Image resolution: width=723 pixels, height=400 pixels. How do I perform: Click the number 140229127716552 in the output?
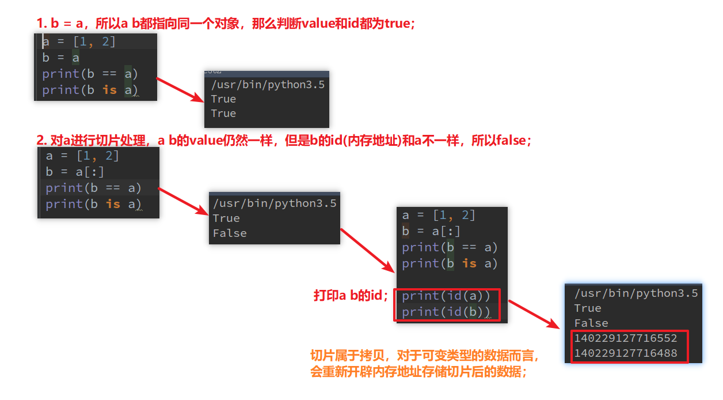pyautogui.click(x=625, y=338)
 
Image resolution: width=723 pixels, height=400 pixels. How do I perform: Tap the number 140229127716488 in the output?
pyautogui.click(x=625, y=353)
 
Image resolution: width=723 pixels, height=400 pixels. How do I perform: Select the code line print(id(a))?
pyautogui.click(x=446, y=296)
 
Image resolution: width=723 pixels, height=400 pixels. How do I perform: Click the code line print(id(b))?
pyautogui.click(x=446, y=312)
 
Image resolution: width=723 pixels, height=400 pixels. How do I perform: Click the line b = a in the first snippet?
pyautogui.click(x=60, y=58)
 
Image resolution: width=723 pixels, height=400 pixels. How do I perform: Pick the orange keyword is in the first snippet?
pyautogui.click(x=109, y=90)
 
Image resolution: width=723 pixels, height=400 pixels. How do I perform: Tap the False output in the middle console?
pyautogui.click(x=230, y=233)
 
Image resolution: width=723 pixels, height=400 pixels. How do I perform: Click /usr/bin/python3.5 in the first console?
pyautogui.click(x=268, y=85)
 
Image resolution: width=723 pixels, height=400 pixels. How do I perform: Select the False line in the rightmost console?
pyautogui.click(x=591, y=323)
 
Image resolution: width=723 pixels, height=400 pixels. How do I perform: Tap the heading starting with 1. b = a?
pyautogui.click(x=226, y=24)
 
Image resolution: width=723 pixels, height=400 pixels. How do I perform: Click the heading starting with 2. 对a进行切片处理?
pyautogui.click(x=283, y=140)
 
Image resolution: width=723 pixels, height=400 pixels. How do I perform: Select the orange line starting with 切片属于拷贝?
pyautogui.click(x=425, y=355)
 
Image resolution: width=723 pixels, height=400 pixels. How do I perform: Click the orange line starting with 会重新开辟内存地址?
pyautogui.click(x=418, y=372)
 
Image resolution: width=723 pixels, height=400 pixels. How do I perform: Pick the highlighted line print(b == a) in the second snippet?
pyautogui.click(x=93, y=188)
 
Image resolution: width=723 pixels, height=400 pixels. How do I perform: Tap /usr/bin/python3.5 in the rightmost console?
pyautogui.click(x=636, y=293)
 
